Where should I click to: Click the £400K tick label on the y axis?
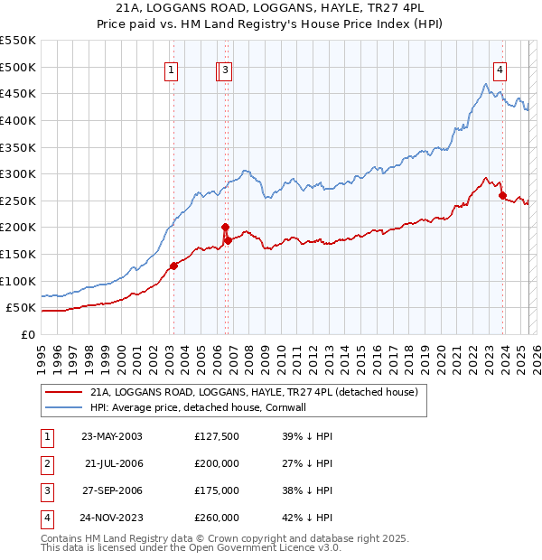coord(18,120)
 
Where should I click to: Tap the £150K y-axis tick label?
coord(18,255)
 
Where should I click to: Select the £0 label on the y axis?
coord(27,335)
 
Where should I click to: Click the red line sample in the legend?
coord(63,393)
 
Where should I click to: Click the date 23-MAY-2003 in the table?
coord(112,436)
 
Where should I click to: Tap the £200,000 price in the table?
coord(217,463)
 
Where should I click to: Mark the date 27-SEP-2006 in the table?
coord(112,490)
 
